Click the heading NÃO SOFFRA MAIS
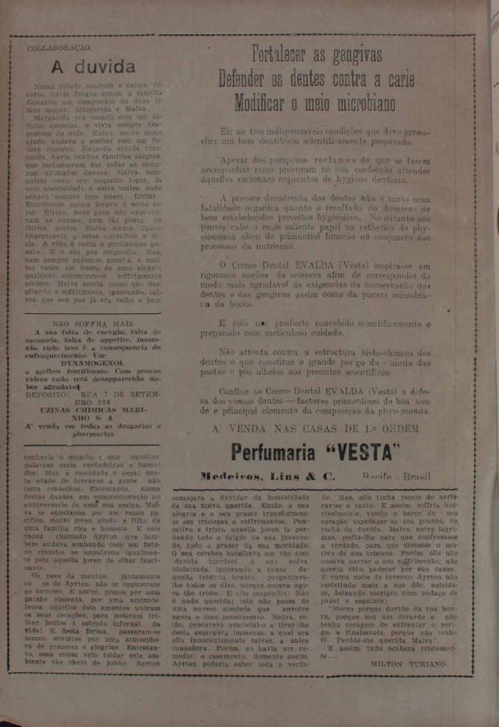coord(92,323)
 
